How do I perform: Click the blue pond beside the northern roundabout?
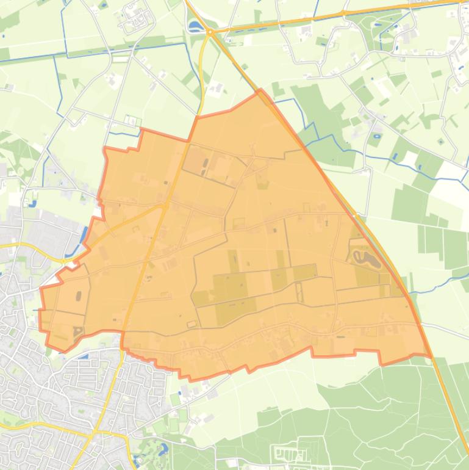coord(195,26)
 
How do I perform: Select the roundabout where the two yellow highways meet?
coord(209,32)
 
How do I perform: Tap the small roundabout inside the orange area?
coord(165,206)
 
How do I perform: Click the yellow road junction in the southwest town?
coord(95,432)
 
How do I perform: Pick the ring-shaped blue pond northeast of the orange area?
coord(373,135)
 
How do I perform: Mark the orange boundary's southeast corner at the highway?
coord(429,355)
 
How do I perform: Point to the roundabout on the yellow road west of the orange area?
coord(63,261)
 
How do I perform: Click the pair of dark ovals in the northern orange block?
coord(206,164)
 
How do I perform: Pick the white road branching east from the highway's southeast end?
coord(451,330)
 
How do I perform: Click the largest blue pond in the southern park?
coord(162,450)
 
